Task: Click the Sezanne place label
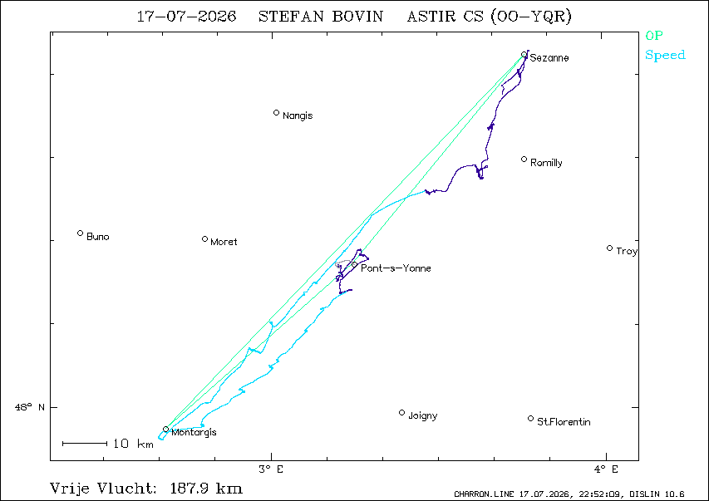pyautogui.click(x=549, y=58)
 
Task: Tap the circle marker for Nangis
pyautogui.click(x=276, y=113)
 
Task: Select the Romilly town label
pyautogui.click(x=546, y=163)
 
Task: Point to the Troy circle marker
pyautogui.click(x=609, y=248)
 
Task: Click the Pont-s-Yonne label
pyautogui.click(x=396, y=268)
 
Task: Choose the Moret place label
pyautogui.click(x=224, y=242)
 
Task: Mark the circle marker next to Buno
pyautogui.click(x=80, y=233)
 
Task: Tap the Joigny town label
pyautogui.click(x=423, y=415)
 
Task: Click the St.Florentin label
pyautogui.click(x=564, y=422)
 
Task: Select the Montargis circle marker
pyautogui.click(x=166, y=429)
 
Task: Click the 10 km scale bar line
pyautogui.click(x=85, y=444)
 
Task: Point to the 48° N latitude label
pyautogui.click(x=30, y=407)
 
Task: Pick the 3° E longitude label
pyautogui.click(x=271, y=469)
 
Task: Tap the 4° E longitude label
pyautogui.click(x=606, y=469)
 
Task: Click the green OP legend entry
pyautogui.click(x=654, y=35)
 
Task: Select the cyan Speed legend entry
pyautogui.click(x=665, y=55)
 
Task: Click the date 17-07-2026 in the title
pyautogui.click(x=186, y=17)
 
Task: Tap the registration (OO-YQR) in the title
pyautogui.click(x=531, y=17)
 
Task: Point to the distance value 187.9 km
pyautogui.click(x=206, y=489)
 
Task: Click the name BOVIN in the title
pyautogui.click(x=357, y=17)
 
